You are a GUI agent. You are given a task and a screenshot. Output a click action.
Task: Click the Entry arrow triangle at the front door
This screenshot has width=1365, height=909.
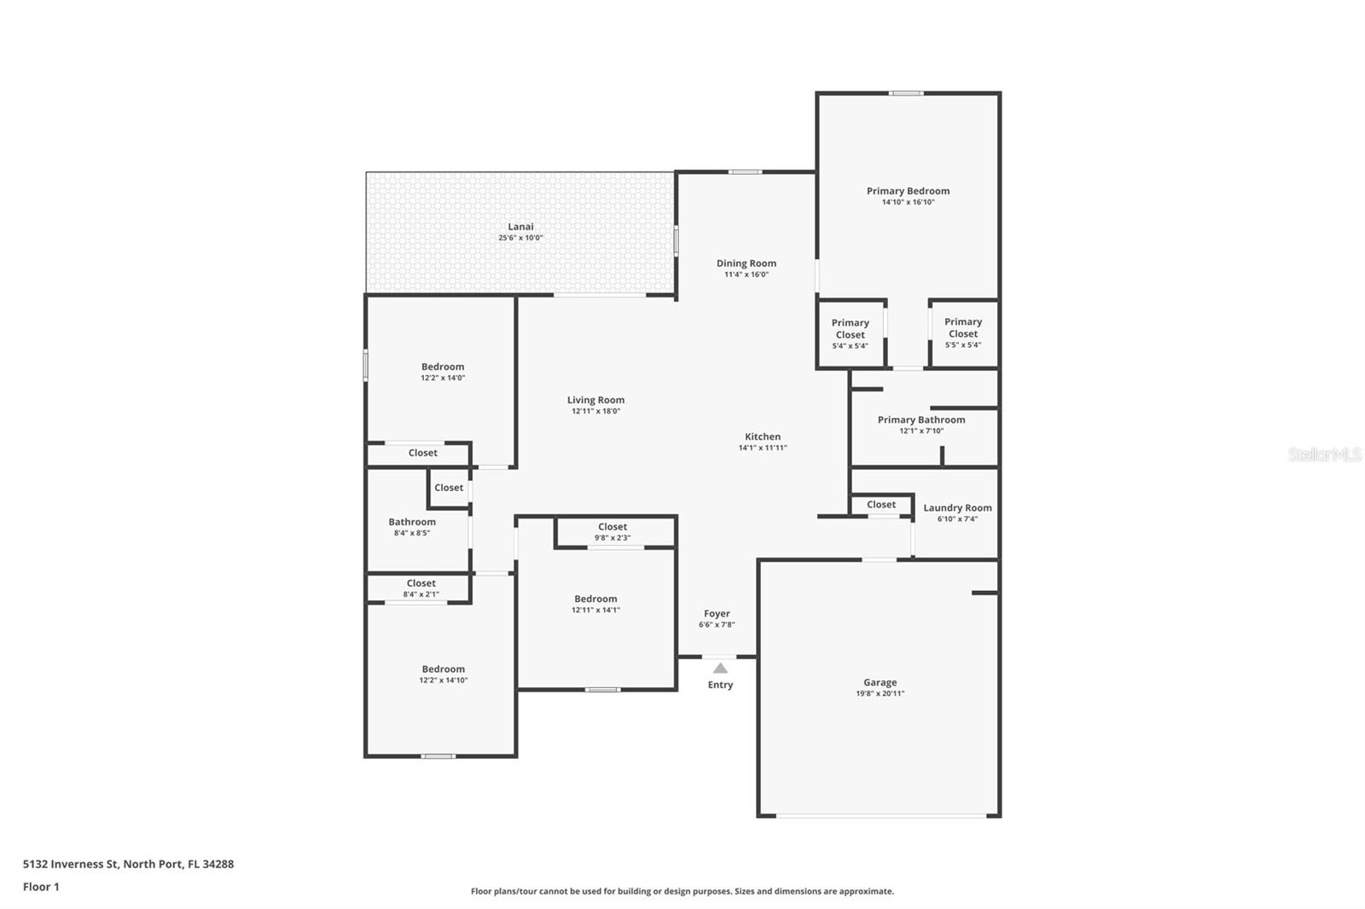tap(721, 668)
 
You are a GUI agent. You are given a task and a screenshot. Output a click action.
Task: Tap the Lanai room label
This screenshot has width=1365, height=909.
tap(520, 226)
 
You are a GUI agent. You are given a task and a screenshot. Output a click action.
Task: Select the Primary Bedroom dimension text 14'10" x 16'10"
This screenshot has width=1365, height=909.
tap(908, 203)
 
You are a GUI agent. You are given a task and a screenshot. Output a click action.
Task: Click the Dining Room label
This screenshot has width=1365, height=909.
tap(746, 263)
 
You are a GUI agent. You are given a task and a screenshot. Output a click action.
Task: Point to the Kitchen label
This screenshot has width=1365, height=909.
tap(763, 437)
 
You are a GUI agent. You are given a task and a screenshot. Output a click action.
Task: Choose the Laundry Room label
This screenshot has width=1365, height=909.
tap(957, 507)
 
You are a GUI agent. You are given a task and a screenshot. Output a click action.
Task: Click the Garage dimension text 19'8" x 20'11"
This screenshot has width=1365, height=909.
tap(880, 694)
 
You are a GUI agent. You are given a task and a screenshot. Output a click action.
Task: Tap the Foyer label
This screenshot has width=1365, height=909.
tap(717, 613)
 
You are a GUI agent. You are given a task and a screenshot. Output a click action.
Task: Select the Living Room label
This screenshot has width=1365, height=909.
tap(595, 400)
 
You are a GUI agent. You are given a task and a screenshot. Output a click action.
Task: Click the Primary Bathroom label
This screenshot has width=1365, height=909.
tap(921, 420)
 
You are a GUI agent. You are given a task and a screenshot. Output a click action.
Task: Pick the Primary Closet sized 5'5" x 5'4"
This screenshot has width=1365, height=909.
tap(963, 333)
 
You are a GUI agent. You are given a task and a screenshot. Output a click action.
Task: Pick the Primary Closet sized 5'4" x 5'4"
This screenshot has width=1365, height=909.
tap(850, 333)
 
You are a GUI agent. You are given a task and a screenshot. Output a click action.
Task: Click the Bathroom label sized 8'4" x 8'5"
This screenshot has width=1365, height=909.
tap(412, 522)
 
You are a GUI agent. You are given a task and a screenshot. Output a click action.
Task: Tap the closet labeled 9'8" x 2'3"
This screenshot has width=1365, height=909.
tap(613, 532)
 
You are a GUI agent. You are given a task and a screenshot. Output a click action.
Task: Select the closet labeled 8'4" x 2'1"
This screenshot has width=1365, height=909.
tap(421, 588)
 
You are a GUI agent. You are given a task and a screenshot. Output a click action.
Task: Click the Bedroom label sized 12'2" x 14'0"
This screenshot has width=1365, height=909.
tap(443, 367)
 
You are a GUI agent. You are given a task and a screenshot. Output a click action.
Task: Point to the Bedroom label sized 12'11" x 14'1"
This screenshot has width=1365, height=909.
tap(595, 599)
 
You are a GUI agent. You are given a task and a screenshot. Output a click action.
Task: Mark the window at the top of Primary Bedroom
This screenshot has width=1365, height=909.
tap(906, 93)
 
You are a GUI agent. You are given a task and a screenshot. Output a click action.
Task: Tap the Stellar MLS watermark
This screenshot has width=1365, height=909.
tap(1324, 454)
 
